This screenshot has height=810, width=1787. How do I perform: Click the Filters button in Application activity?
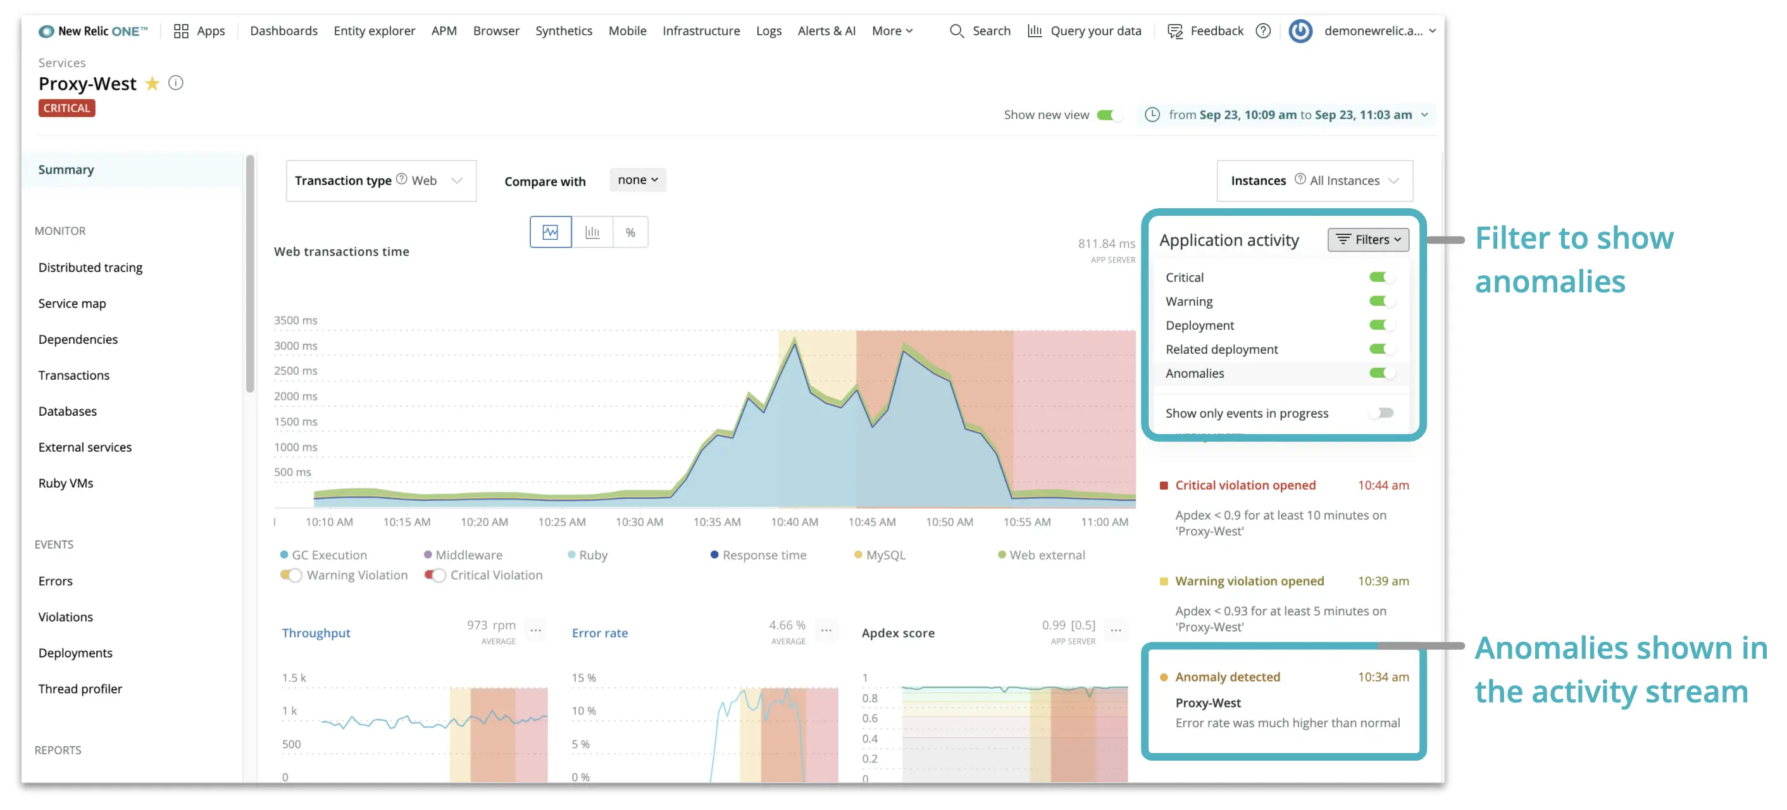(1368, 239)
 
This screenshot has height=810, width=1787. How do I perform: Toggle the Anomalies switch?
(1381, 373)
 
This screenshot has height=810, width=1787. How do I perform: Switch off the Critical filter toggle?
(1381, 277)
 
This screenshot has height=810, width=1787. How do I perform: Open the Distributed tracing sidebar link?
(90, 268)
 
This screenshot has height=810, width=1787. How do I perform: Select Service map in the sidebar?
(72, 304)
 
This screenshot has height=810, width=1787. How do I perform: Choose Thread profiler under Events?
(80, 688)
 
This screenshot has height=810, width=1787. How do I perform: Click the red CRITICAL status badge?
(66, 108)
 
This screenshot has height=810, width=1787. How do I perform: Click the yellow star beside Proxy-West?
(152, 84)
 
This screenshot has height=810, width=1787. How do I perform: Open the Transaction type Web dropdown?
(381, 180)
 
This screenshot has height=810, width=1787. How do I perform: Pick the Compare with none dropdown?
(637, 180)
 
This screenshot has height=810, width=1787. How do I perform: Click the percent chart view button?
(630, 232)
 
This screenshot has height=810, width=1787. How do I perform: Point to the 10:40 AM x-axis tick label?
(794, 522)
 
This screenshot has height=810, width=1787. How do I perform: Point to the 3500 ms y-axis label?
(296, 320)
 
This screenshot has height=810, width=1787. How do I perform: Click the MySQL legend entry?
(885, 555)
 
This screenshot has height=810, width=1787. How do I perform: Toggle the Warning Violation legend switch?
(291, 575)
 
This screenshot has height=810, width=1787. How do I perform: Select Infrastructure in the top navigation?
(700, 30)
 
